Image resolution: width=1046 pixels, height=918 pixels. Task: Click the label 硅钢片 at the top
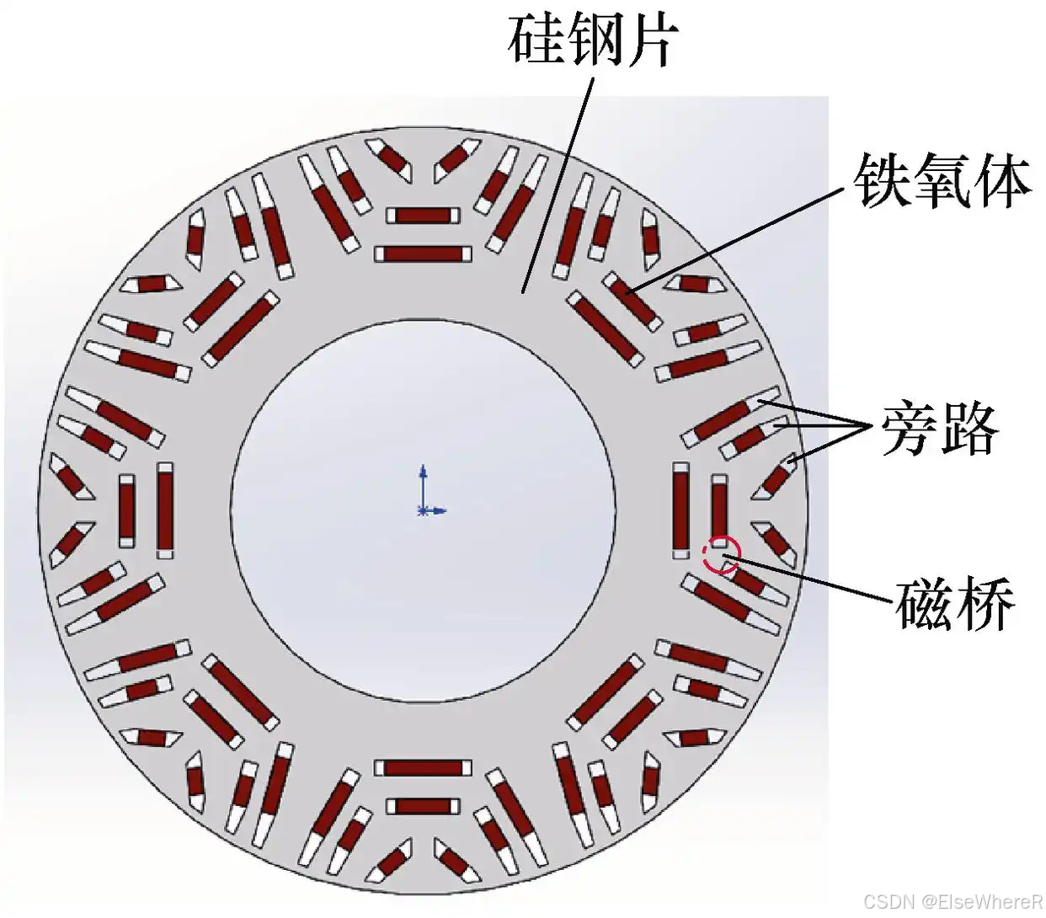click(592, 40)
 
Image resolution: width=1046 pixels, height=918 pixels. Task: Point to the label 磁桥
click(954, 604)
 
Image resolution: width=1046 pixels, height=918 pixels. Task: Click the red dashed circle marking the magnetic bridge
click(721, 556)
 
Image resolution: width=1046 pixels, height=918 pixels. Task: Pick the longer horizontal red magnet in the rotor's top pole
click(423, 254)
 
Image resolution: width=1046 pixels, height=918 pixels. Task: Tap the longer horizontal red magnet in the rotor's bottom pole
click(424, 768)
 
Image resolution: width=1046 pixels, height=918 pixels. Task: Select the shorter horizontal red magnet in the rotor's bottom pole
click(424, 806)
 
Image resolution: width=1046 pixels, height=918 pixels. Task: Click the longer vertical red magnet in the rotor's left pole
click(165, 510)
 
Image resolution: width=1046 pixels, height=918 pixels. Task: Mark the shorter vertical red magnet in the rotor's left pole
click(127, 510)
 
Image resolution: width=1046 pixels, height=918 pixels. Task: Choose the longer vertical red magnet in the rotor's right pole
click(681, 510)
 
